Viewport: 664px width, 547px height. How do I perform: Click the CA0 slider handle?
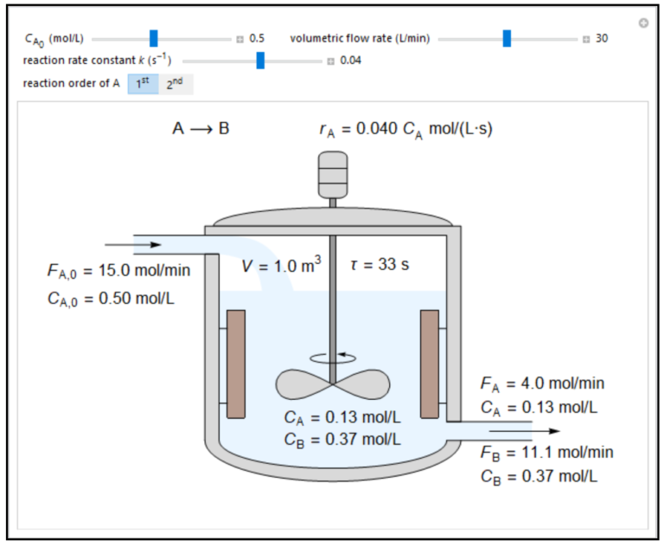pos(154,38)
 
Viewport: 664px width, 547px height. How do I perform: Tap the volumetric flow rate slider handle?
pos(507,38)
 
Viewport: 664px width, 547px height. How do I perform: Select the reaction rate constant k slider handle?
pos(260,61)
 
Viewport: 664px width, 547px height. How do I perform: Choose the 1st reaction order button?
pos(143,84)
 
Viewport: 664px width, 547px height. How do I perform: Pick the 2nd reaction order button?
pos(176,84)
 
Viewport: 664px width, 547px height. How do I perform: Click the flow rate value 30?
pos(602,38)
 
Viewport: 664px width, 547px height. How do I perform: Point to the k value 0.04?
pos(350,61)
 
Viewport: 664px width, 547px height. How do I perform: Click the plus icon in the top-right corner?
pos(643,23)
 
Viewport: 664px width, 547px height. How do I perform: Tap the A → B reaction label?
pos(201,129)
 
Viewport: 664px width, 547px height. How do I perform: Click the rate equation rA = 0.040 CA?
pos(405,130)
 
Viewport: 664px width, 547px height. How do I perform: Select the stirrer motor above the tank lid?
pos(333,175)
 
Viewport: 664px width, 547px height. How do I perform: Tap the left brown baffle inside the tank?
pos(235,364)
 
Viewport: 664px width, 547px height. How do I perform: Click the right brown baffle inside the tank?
pos(430,364)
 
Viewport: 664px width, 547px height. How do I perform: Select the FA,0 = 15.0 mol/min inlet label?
pos(118,271)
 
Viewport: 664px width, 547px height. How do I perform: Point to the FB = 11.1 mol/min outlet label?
pos(546,452)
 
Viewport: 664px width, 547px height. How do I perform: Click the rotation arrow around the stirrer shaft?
pos(332,356)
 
